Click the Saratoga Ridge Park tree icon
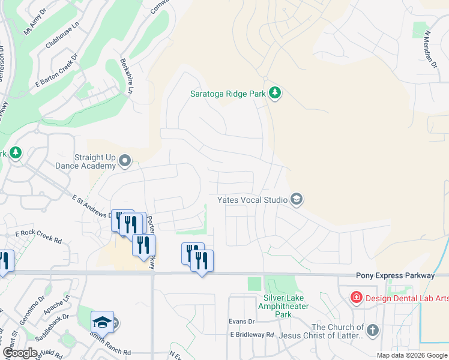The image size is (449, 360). pyautogui.click(x=275, y=93)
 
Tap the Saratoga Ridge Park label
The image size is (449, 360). pyautogui.click(x=228, y=93)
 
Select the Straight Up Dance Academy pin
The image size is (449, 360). pyautogui.click(x=125, y=160)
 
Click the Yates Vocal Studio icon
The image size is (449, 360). pyautogui.click(x=296, y=199)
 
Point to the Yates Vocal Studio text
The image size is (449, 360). pyautogui.click(x=252, y=199)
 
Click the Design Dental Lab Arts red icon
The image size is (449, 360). pyautogui.click(x=356, y=297)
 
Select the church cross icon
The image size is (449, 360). pyautogui.click(x=373, y=330)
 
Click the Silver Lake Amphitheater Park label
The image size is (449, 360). pyautogui.click(x=283, y=306)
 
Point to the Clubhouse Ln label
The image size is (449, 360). pyautogui.click(x=62, y=37)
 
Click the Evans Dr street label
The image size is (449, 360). pyautogui.click(x=242, y=322)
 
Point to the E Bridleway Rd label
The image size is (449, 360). pyautogui.click(x=252, y=335)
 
